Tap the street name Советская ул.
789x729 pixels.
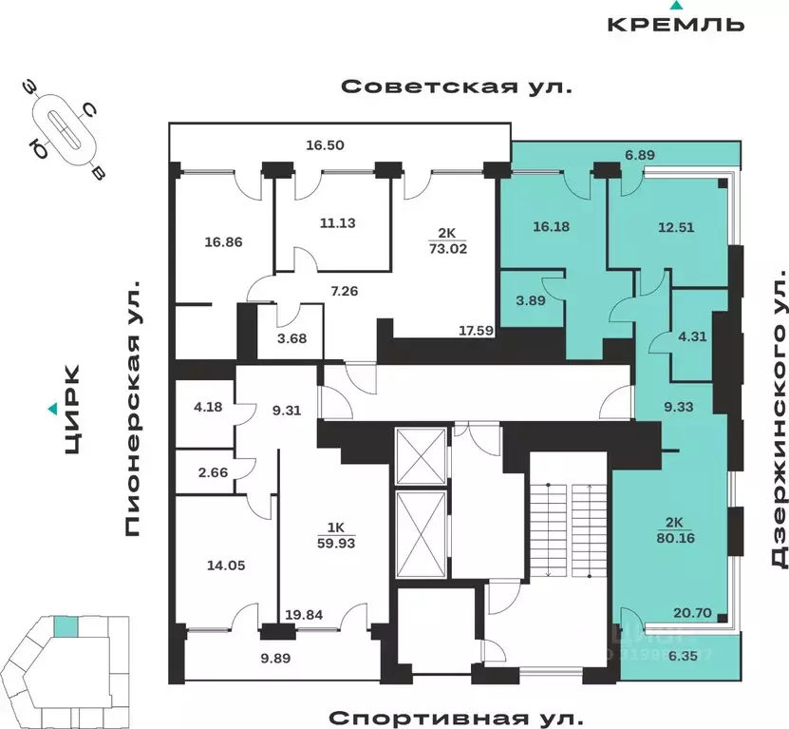coord(457,87)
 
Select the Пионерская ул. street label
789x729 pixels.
coord(132,408)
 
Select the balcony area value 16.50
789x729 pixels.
coord(324,145)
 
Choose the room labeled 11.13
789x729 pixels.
coord(336,224)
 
